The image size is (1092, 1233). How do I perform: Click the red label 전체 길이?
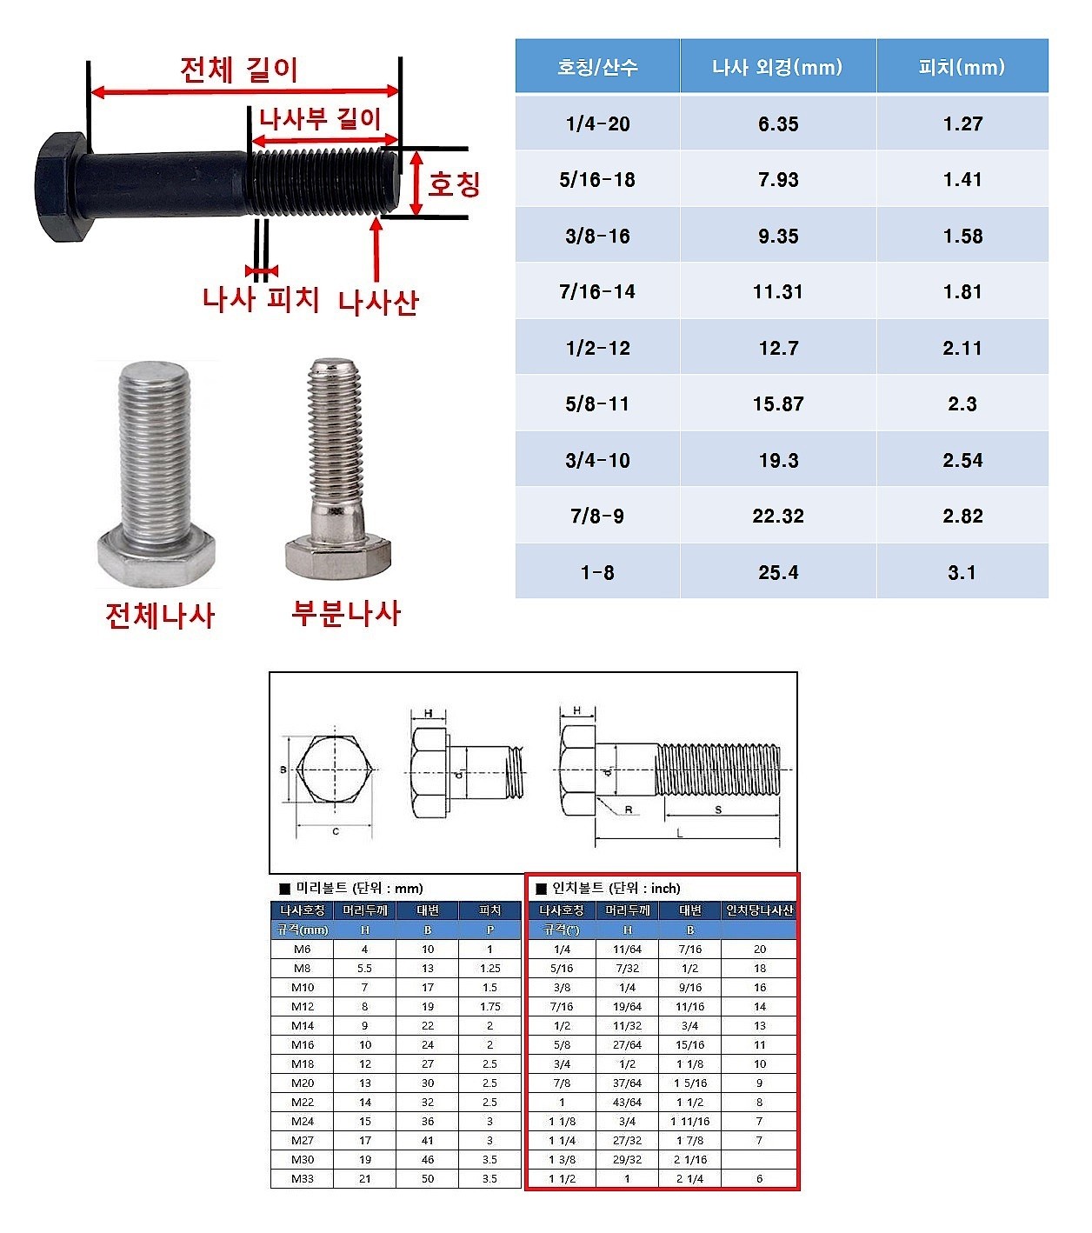pos(239,70)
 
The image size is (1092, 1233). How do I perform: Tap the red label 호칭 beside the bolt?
pos(454,183)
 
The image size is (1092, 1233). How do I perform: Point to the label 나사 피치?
pos(261,299)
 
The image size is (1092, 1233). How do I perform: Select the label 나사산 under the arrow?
pos(378,302)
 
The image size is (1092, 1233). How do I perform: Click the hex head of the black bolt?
pos(61,186)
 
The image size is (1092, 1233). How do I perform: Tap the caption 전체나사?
pos(159,616)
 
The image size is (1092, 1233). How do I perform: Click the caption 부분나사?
pos(345,613)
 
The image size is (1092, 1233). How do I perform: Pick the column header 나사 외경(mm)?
pos(777,67)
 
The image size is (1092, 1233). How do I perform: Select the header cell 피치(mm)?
pos(962,67)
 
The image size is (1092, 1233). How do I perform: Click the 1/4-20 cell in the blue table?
pos(597,123)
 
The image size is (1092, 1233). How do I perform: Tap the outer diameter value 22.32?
pos(777,516)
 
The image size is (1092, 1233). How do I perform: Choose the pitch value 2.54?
pos(962,460)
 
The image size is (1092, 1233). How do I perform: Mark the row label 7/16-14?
pos(597,291)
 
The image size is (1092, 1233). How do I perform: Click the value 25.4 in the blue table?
pos(777,572)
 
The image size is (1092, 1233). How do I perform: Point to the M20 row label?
pos(303,1083)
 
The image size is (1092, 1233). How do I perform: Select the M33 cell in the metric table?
pos(303,1178)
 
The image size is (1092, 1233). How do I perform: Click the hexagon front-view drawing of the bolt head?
pos(336,770)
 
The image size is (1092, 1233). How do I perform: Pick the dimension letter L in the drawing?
pos(680,832)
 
